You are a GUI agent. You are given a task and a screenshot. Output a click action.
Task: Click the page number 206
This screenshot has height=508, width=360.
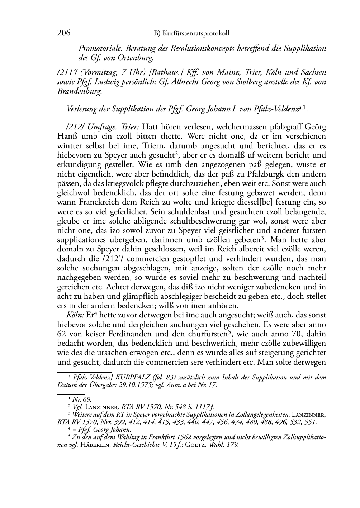point(63,33)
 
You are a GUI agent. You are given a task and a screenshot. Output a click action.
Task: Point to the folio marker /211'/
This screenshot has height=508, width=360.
point(66,73)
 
